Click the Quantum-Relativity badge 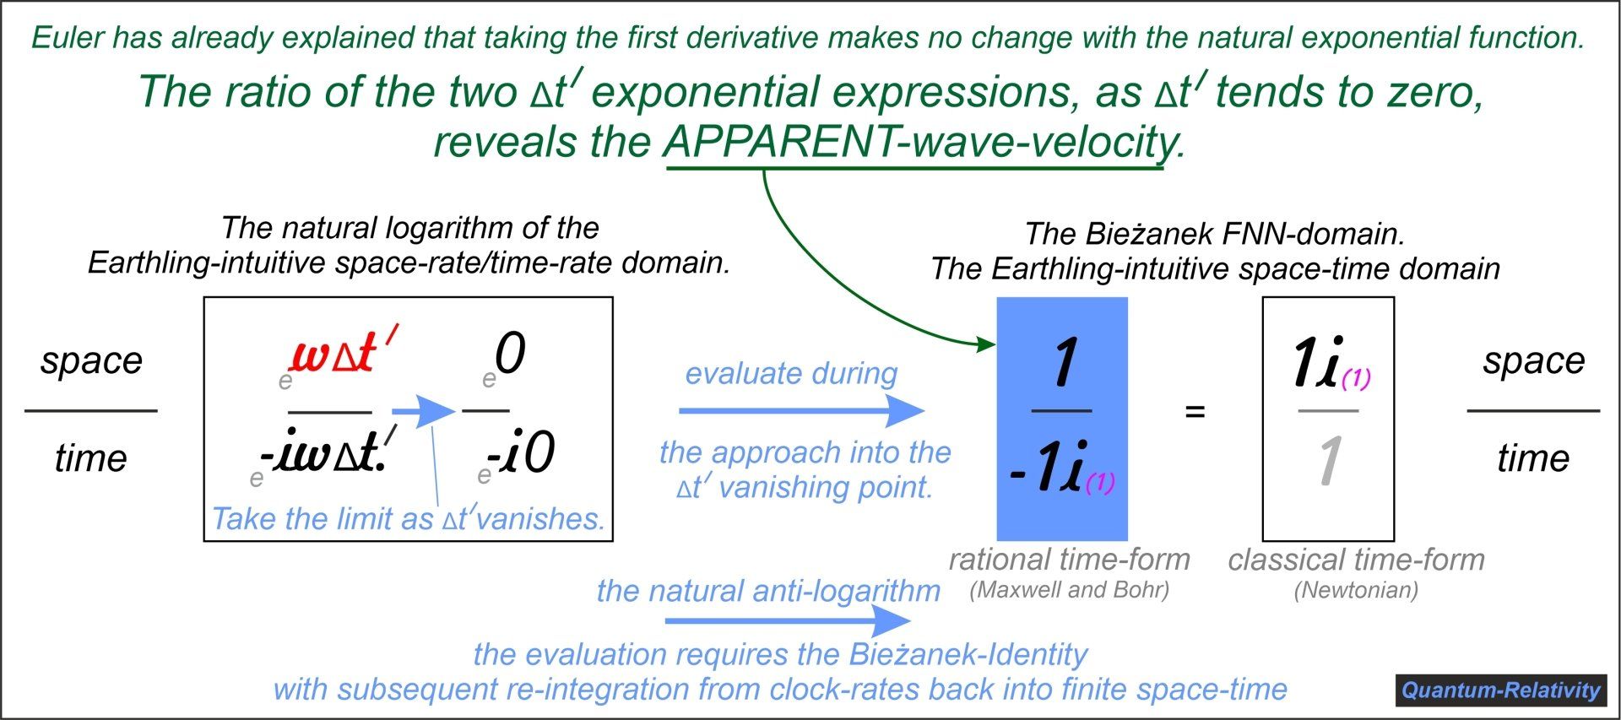click(1500, 690)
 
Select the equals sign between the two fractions click(1195, 412)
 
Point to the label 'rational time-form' click(1069, 559)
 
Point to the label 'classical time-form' click(1356, 559)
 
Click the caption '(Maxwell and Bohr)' click(1069, 590)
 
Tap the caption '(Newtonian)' click(1356, 590)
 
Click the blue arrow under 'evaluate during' click(801, 411)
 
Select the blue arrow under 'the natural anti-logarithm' click(788, 621)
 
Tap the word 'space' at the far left click(91, 361)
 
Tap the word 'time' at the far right click(1533, 458)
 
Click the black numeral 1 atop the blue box click(1064, 362)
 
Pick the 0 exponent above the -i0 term click(510, 353)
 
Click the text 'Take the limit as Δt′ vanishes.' click(409, 518)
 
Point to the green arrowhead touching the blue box click(985, 344)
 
